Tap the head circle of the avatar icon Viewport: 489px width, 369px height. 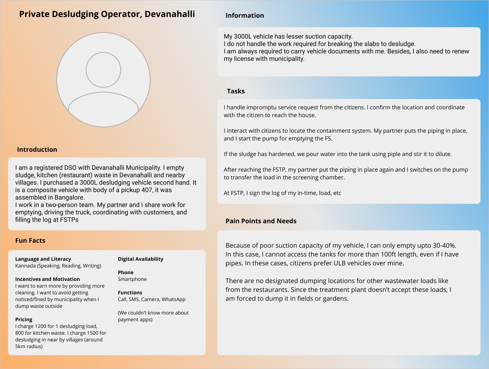(x=103, y=70)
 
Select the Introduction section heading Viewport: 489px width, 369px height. (x=37, y=150)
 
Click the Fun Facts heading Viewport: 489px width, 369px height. (x=30, y=241)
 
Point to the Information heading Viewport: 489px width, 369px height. (x=245, y=16)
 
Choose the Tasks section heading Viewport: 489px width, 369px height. (x=236, y=91)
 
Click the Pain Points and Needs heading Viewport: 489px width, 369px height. (x=261, y=221)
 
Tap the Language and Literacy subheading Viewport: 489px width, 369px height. (x=43, y=259)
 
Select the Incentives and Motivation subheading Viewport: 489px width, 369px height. (x=47, y=279)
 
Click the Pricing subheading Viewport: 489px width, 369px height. (x=24, y=319)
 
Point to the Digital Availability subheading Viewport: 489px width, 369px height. (x=141, y=259)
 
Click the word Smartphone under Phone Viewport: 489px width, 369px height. (x=132, y=279)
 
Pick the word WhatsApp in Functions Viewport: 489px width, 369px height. (x=174, y=299)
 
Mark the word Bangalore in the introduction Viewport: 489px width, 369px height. (x=69, y=197)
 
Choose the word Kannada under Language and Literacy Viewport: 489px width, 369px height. (x=25, y=266)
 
